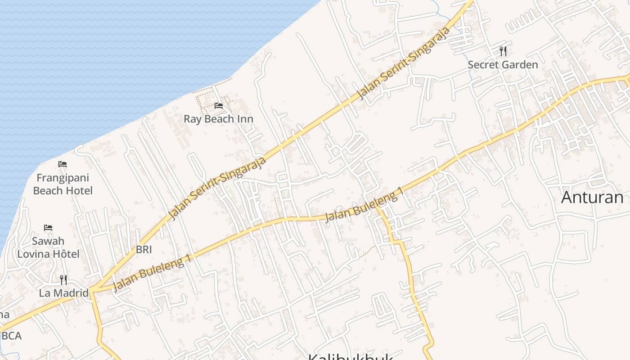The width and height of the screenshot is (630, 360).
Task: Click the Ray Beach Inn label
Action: [218, 119]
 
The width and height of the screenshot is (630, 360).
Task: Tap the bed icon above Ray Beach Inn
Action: [219, 106]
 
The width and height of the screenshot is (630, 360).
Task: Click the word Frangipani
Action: [63, 178]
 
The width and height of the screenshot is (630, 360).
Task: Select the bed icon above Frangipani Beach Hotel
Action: [63, 164]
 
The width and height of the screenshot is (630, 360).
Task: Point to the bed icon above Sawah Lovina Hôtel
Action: [48, 228]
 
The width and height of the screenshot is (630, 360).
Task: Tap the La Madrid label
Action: [63, 293]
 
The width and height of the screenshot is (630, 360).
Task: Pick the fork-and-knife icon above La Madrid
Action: [63, 280]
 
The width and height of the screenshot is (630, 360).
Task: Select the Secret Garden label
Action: [503, 65]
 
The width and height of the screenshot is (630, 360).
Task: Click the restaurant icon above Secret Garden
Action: [503, 51]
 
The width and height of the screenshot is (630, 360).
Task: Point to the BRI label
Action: [144, 250]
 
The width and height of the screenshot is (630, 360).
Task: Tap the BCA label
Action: [11, 336]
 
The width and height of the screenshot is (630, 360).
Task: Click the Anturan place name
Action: [592, 197]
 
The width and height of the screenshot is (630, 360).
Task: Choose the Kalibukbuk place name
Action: [351, 356]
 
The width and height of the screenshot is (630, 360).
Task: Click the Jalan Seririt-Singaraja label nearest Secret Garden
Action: [404, 63]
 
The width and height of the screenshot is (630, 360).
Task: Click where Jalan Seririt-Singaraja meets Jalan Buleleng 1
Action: [92, 289]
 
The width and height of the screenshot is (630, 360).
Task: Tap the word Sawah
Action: [48, 241]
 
